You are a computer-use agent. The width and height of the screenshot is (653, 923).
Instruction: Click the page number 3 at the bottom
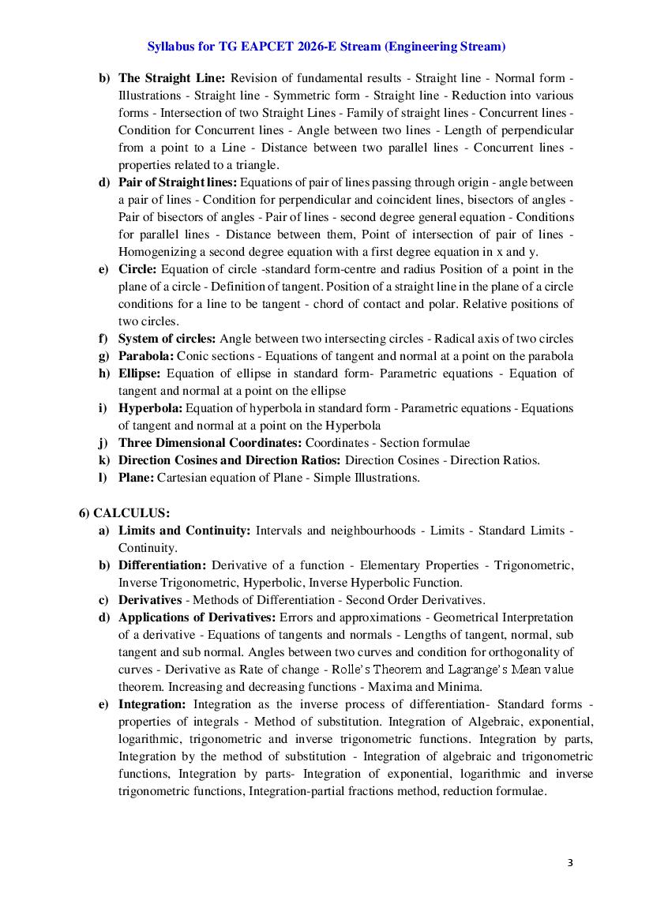(570, 862)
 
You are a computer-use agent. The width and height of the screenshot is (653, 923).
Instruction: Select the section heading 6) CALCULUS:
(124, 513)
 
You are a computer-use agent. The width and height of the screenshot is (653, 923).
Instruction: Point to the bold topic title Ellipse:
(140, 373)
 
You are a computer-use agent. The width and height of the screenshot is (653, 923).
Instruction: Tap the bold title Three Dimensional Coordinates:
(210, 443)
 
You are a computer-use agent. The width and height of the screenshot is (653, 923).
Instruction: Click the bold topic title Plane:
(136, 478)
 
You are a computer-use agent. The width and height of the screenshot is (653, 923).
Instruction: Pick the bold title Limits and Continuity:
(184, 531)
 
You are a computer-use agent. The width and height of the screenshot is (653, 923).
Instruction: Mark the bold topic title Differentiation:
(162, 565)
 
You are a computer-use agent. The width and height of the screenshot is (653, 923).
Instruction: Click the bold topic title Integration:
(152, 704)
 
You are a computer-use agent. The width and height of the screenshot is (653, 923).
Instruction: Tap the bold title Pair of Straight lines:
(178, 182)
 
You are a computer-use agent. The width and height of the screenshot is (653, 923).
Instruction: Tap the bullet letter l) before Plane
(103, 478)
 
